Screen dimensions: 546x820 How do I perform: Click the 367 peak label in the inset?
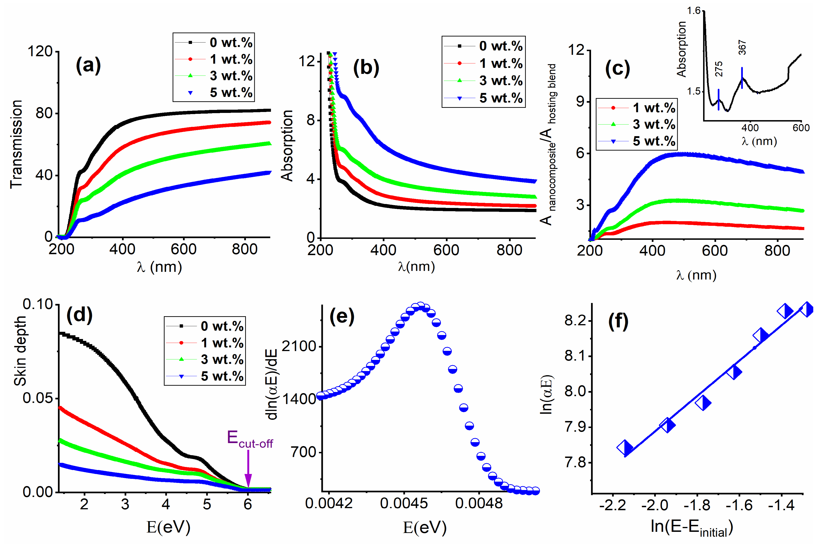coord(742,48)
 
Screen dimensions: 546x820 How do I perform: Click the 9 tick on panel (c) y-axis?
coord(580,102)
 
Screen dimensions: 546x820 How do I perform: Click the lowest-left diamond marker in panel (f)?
coord(625,447)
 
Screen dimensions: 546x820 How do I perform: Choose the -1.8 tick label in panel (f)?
coord(697,505)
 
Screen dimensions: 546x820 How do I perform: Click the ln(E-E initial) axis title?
coord(691,528)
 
